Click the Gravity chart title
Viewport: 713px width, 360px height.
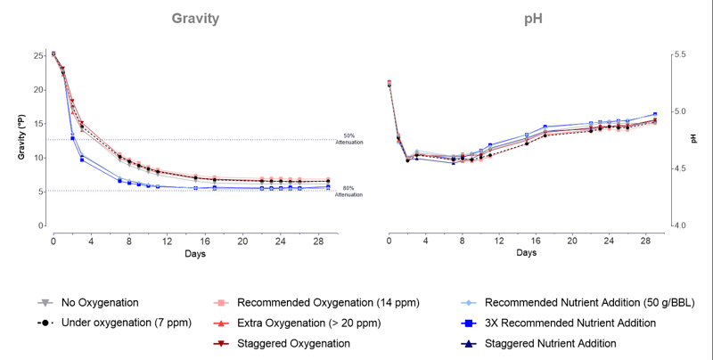pyautogui.click(x=196, y=20)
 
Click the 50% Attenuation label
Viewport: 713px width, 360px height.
pyautogui.click(x=348, y=139)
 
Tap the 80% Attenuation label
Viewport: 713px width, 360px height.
pyautogui.click(x=348, y=191)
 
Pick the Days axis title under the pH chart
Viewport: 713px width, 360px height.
pyautogui.click(x=526, y=254)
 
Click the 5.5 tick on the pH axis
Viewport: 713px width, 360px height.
pyautogui.click(x=682, y=55)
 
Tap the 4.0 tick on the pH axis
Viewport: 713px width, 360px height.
pyautogui.click(x=682, y=225)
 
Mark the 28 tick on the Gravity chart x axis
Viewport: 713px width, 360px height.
pyautogui.click(x=317, y=241)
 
